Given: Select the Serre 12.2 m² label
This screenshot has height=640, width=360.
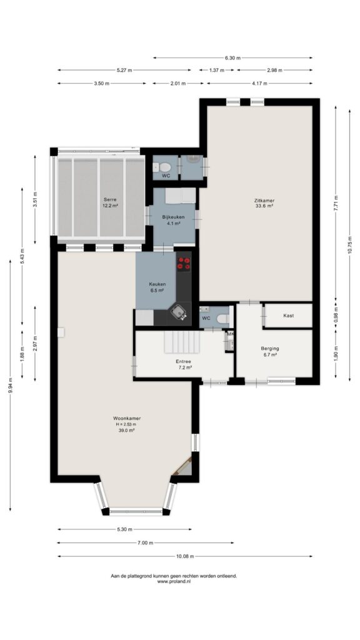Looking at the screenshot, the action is [x=110, y=202].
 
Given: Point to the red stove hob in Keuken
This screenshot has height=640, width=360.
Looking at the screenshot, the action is [x=184, y=263].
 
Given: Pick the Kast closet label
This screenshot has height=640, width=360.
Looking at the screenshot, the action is [x=288, y=316].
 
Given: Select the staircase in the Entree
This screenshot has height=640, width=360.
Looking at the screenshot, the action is [x=182, y=342].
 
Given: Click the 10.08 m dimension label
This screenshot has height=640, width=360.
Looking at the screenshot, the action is [x=185, y=556].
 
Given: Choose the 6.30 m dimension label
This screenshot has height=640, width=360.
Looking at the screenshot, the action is [x=232, y=58].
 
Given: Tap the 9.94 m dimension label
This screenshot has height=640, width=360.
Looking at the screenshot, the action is [x=10, y=384].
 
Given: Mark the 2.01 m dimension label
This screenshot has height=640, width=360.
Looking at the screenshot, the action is [x=178, y=84].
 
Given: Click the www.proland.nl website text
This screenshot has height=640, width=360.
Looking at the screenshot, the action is [x=174, y=581].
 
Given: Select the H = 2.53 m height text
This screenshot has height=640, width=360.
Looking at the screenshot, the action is [x=127, y=424].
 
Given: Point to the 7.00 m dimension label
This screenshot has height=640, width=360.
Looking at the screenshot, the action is [x=145, y=543].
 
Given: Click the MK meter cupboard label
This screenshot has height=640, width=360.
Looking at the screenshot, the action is [x=230, y=334].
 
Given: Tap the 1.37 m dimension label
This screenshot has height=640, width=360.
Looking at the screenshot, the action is [x=217, y=70].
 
